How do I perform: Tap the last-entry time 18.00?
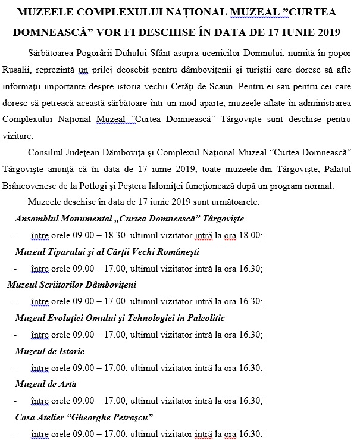[248, 235]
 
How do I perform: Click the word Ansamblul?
[37, 218]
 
